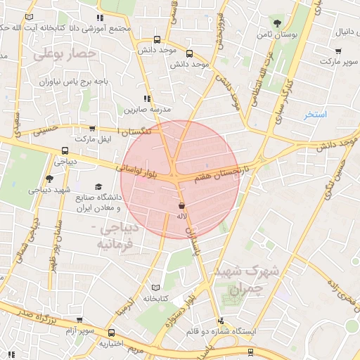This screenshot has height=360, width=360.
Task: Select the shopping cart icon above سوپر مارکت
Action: (x=338, y=51)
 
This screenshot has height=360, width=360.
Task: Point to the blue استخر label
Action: (x=316, y=114)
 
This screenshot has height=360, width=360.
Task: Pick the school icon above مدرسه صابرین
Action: (x=147, y=99)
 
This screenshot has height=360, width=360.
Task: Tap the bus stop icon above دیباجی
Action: (x=65, y=150)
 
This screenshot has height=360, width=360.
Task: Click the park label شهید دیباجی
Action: (x=49, y=190)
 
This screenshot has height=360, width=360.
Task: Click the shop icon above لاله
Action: (x=182, y=206)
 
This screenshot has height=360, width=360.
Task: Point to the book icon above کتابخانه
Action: (x=156, y=288)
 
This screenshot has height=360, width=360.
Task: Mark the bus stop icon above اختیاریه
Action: (x=111, y=333)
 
